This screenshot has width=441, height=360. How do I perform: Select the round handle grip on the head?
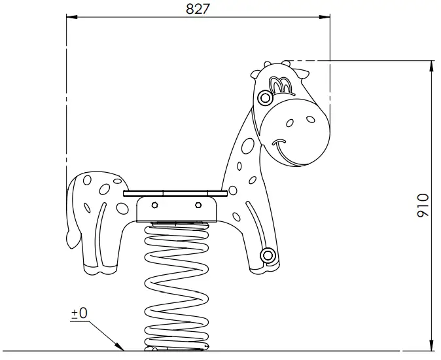click(x=264, y=99)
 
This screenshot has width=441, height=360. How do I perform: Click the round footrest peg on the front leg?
click(x=266, y=255)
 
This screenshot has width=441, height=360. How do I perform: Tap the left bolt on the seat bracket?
click(x=154, y=206)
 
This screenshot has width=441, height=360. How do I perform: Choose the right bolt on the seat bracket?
click(x=198, y=206)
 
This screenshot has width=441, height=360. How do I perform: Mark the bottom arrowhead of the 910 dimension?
click(x=431, y=345)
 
